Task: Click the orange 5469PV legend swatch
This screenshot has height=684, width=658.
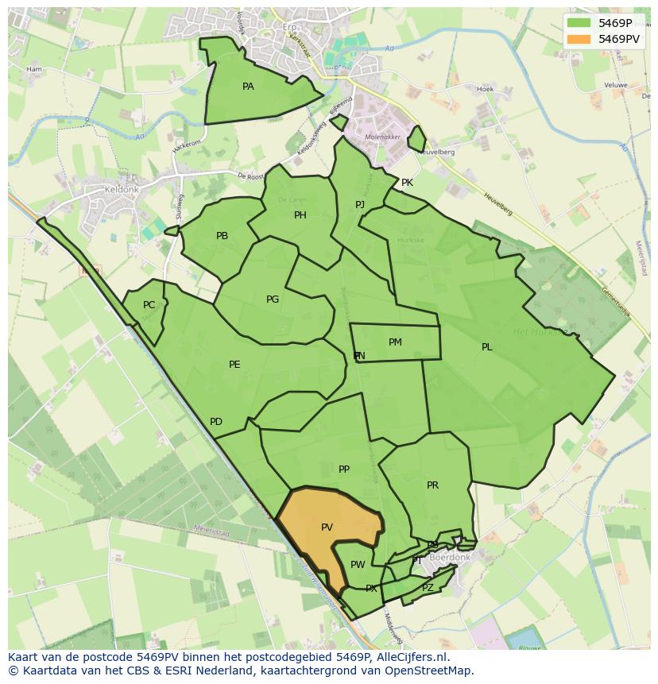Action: click(580, 38)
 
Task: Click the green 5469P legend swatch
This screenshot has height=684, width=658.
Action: click(580, 23)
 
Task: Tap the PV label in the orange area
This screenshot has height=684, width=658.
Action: click(327, 527)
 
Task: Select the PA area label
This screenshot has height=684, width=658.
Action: click(248, 87)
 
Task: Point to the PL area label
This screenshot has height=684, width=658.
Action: click(486, 347)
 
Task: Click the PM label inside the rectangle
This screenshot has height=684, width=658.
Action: click(395, 342)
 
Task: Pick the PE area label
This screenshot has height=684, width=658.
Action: click(234, 365)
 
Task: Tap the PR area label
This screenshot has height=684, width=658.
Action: click(432, 485)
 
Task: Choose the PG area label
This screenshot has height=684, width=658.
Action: click(273, 299)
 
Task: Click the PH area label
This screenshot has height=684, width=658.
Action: click(300, 215)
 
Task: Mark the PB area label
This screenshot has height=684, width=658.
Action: click(222, 236)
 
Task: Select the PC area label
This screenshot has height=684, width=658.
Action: click(149, 305)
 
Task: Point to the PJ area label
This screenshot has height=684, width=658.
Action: click(360, 205)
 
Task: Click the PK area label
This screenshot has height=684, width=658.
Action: click(407, 183)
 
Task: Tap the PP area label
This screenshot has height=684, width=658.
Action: click(344, 470)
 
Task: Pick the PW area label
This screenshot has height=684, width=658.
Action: click(358, 565)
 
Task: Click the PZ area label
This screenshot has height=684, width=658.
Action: click(428, 588)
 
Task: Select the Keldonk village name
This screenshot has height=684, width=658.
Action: click(122, 191)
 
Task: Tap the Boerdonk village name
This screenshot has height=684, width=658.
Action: click(450, 558)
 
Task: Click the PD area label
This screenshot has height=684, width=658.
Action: click(215, 422)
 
